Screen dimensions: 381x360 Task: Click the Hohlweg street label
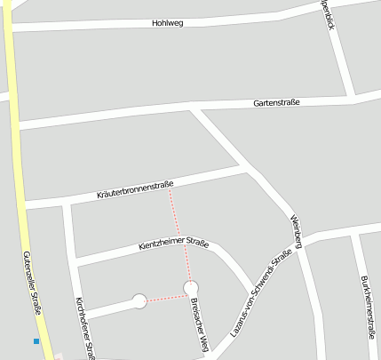pos(167,23)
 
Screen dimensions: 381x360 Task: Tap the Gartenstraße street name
pos(276,102)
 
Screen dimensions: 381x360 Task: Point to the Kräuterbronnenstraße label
pos(135,188)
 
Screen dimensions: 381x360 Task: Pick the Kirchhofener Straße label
pos(85,326)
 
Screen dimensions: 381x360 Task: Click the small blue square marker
pos(36,341)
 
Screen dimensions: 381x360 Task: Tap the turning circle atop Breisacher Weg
pos(191,287)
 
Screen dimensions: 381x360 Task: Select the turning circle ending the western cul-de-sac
pos(139,301)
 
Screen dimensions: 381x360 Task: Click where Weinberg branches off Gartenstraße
pos(194,108)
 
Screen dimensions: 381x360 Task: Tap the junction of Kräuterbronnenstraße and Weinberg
pos(246,166)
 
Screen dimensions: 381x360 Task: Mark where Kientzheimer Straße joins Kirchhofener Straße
pos(74,263)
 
